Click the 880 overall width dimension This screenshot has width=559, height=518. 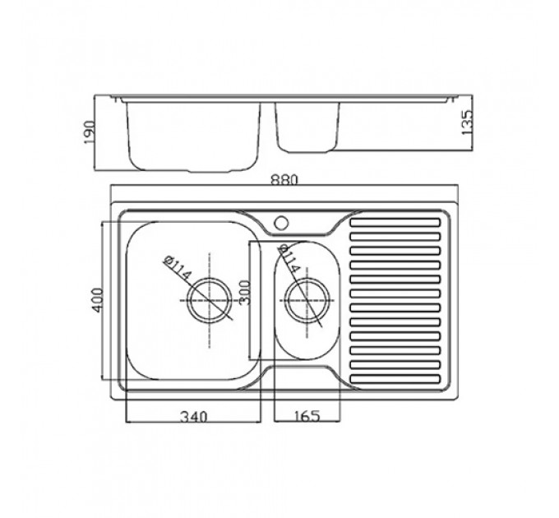(x=284, y=179)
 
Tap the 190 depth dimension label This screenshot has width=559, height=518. (x=90, y=132)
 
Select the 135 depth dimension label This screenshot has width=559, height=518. (x=467, y=123)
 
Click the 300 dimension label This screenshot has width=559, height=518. (x=245, y=293)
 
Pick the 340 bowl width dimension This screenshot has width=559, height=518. (x=193, y=416)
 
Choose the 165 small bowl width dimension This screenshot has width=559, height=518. (x=307, y=416)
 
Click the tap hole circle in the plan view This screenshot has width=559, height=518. (x=281, y=223)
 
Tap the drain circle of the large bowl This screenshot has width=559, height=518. (x=210, y=301)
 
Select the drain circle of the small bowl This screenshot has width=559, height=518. (x=307, y=300)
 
